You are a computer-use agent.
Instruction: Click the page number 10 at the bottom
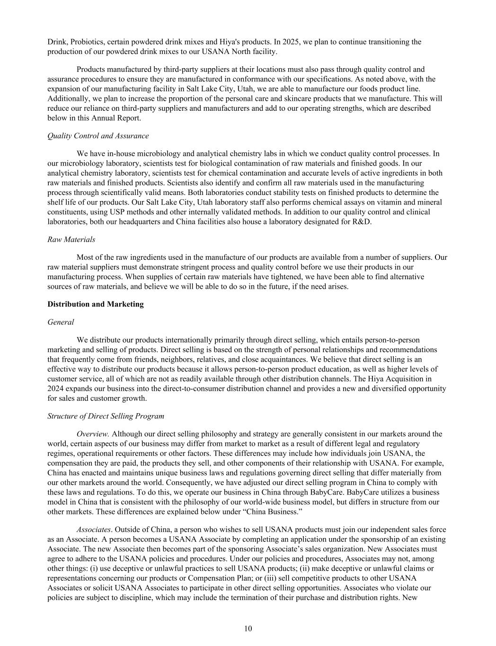pyautogui.click(x=248, y=628)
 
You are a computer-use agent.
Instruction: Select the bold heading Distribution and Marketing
pyautogui.click(x=95, y=304)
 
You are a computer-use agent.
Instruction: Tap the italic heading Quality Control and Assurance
pyautogui.click(x=98, y=136)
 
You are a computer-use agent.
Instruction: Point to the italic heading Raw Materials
pyautogui.click(x=71, y=239)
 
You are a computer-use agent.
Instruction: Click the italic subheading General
pyautogui.click(x=61, y=322)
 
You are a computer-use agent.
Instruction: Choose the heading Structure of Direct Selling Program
pyautogui.click(x=106, y=416)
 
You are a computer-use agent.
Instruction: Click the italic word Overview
pyautogui.click(x=93, y=434)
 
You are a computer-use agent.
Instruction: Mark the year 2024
pyautogui.click(x=55, y=389)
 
